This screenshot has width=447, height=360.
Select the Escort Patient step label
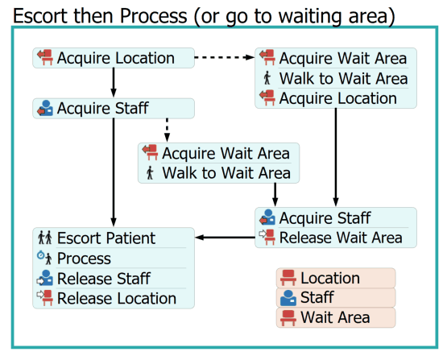[106, 238]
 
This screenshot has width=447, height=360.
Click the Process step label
[84, 259]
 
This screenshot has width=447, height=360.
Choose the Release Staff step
[104, 279]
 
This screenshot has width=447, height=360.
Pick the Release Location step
[117, 299]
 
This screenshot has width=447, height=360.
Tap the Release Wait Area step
[341, 238]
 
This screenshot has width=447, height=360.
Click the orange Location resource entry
[336, 278]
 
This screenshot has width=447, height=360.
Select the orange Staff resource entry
[336, 297]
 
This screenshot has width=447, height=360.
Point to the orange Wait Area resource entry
[336, 317]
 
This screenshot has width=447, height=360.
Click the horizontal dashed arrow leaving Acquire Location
[225, 57]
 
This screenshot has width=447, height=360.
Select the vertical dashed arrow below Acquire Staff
[167, 130]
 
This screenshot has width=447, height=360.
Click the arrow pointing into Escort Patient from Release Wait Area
[226, 237]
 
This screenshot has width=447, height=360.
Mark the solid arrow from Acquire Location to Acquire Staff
[114, 83]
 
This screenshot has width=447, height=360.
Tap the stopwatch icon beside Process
[41, 255]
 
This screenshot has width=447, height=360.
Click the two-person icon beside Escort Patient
[45, 238]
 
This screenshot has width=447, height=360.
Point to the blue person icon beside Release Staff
[45, 278]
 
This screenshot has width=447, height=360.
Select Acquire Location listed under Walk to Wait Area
[337, 98]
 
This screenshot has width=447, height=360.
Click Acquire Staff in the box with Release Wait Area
[325, 218]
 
